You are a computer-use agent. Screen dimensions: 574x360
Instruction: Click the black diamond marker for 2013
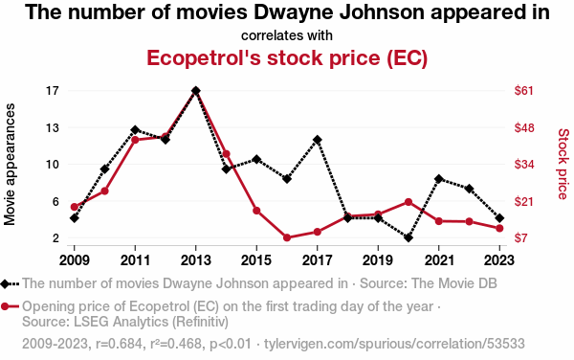(x=196, y=90)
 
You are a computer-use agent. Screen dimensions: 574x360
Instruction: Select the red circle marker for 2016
(x=287, y=237)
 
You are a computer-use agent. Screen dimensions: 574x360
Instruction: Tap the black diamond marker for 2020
(x=408, y=237)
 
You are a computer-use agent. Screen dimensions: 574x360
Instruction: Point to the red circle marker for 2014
(x=226, y=154)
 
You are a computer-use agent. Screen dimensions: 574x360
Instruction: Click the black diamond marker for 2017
(x=318, y=140)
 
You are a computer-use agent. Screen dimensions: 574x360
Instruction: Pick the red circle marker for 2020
(x=408, y=202)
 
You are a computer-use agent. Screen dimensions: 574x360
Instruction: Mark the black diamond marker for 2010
(x=104, y=169)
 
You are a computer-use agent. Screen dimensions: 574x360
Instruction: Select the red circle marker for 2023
(x=499, y=228)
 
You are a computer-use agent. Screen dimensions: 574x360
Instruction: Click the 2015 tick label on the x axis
(x=256, y=260)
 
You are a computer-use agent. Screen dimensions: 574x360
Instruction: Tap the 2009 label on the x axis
(x=75, y=260)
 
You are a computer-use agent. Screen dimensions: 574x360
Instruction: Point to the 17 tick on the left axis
(x=53, y=90)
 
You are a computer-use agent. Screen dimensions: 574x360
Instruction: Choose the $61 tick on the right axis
(x=524, y=90)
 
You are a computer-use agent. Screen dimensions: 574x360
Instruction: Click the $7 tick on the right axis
(x=521, y=238)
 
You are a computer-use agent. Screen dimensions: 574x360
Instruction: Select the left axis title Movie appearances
(x=10, y=164)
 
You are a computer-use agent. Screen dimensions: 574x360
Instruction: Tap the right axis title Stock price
(x=563, y=164)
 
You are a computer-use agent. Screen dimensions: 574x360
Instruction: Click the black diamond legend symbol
(x=5, y=283)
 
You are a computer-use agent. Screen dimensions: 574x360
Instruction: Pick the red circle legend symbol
(x=5, y=306)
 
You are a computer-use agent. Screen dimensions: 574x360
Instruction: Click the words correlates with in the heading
(x=287, y=35)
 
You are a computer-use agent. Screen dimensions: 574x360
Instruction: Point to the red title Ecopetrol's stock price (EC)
(x=287, y=57)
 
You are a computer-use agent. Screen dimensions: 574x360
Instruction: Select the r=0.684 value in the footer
(x=119, y=344)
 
